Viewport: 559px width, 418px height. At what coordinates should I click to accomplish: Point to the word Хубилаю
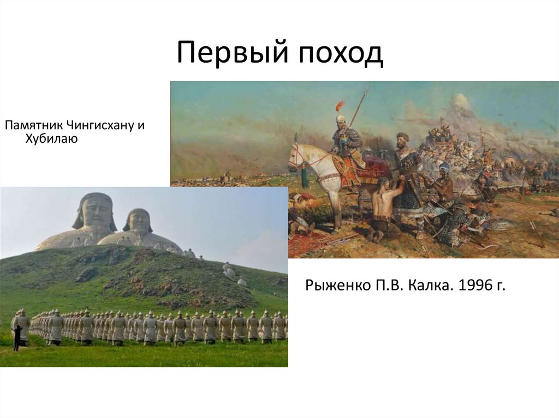[51, 140]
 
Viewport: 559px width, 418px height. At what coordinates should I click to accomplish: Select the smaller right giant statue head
[138, 221]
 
